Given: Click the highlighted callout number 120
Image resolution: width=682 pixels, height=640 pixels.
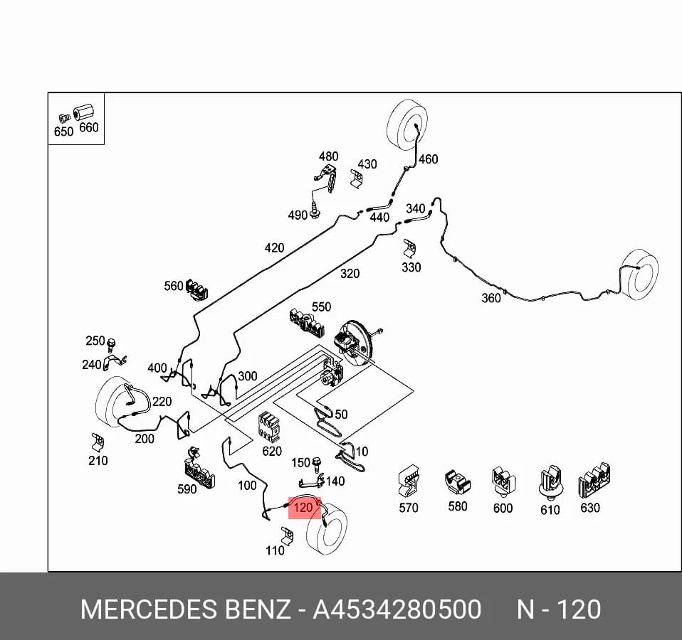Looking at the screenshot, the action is coord(303,508).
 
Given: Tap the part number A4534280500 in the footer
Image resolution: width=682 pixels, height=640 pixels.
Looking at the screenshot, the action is coord(397,609).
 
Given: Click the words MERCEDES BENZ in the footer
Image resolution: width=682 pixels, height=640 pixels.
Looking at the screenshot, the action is coord(185,609).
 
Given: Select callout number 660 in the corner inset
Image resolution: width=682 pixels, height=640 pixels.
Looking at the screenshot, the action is coord(89,127).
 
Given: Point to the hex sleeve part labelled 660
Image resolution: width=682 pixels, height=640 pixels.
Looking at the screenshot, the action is coord(83,112).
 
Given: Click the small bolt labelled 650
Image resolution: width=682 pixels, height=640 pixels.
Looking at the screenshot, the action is coord(64,118).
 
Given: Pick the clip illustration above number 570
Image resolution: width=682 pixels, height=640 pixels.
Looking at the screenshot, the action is coord(409,482).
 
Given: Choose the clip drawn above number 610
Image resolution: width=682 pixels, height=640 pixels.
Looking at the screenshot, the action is coord(550,483).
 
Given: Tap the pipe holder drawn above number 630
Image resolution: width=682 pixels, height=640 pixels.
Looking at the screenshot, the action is coord(594,481).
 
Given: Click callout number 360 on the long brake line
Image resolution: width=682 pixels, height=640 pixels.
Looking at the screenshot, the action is coord(491,298).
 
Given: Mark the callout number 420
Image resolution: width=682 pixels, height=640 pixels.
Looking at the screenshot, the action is coord(274,248).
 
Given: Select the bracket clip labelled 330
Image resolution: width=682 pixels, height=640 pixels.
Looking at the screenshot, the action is coord(409,248).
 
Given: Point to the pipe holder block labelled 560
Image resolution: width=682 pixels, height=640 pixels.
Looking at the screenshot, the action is coord(197,289).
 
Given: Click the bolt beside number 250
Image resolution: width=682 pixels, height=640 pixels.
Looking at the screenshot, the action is coord(111,345).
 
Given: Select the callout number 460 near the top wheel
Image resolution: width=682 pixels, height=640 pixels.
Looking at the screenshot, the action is coord(428,159).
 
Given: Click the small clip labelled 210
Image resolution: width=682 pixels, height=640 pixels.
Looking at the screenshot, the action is coord(98,442).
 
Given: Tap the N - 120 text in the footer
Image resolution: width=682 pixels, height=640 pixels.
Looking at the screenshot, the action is coord(559,609).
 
